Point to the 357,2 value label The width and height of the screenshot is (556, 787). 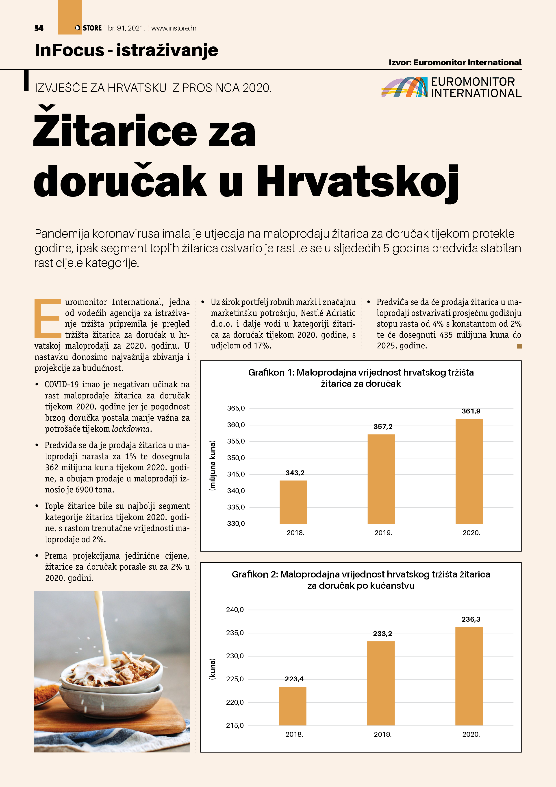click(383, 426)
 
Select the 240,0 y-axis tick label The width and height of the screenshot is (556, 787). click(235, 610)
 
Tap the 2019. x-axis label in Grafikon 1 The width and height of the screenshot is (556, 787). click(383, 533)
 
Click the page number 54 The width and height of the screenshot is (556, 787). click(39, 28)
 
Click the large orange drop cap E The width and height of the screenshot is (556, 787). click(47, 318)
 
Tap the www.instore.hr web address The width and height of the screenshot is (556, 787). click(174, 28)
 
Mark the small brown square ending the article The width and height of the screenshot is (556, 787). click(519, 346)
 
